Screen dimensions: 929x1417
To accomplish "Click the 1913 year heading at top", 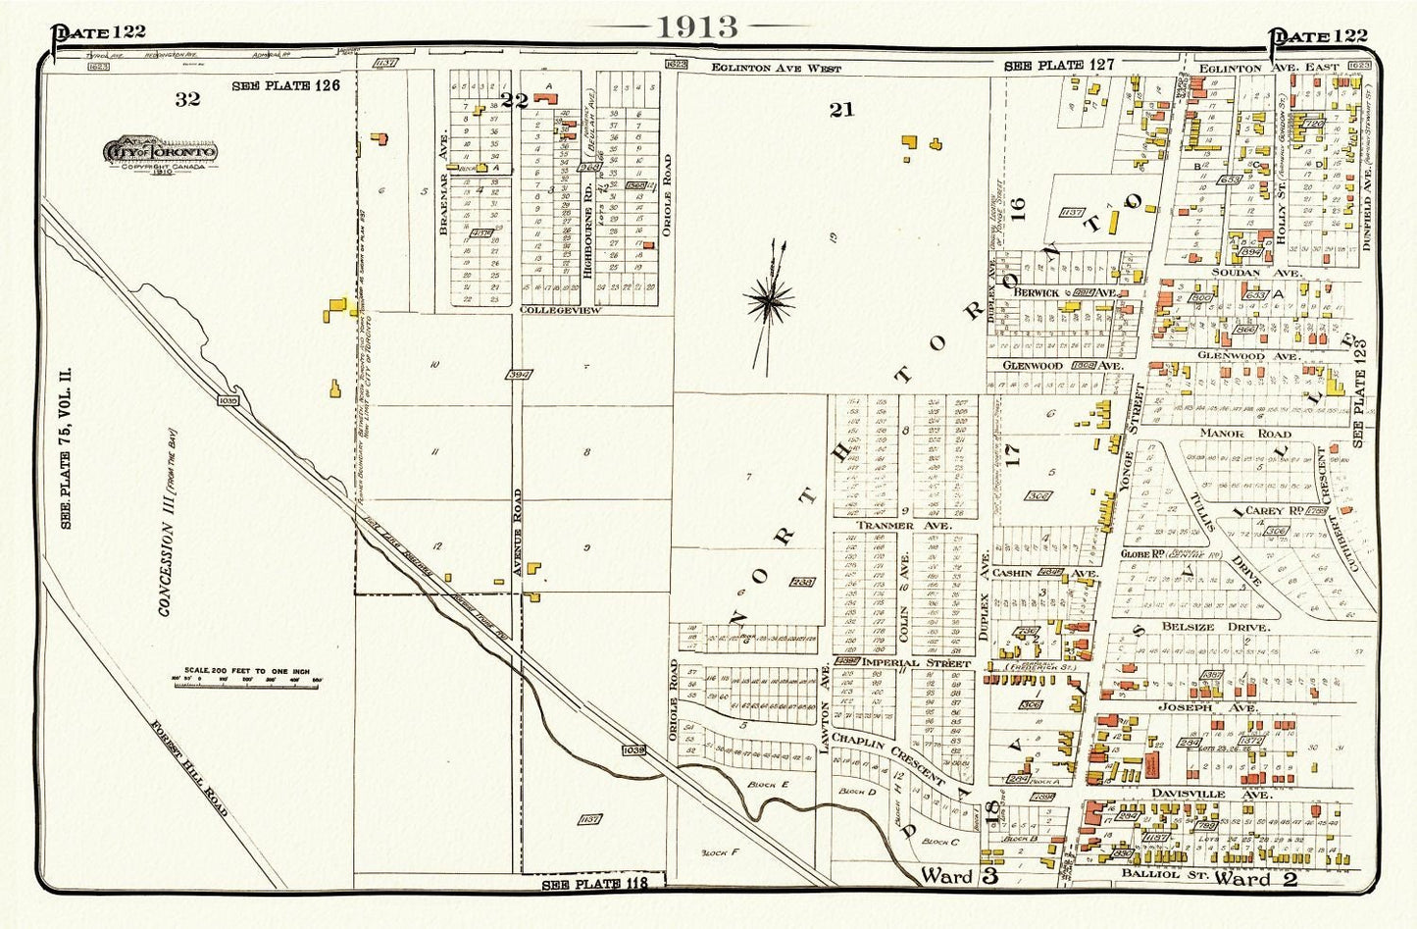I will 697,26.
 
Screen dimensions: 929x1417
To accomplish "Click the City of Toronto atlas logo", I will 162,154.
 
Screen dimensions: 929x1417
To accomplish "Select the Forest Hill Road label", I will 190,782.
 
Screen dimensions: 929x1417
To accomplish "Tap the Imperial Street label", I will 917,663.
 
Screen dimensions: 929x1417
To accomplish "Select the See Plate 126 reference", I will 285,85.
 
